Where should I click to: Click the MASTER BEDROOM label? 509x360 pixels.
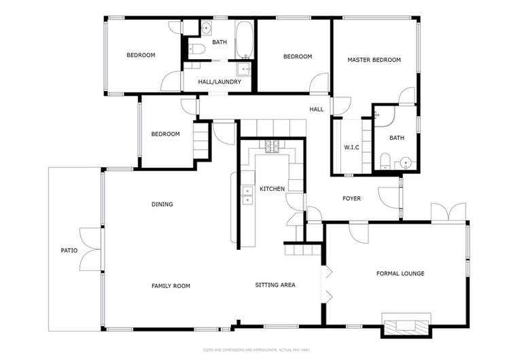(374, 60)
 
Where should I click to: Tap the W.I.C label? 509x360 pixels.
(351, 147)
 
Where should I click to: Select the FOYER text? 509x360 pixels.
(351, 198)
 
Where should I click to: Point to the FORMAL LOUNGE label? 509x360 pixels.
(400, 274)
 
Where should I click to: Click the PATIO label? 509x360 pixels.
(69, 251)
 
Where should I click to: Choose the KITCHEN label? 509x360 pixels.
(272, 189)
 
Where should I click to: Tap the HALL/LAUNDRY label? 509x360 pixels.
(220, 82)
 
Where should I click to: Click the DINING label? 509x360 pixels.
(162, 204)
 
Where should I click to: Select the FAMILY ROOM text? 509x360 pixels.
(171, 286)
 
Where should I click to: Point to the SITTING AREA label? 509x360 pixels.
(275, 285)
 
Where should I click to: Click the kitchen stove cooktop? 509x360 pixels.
(273, 146)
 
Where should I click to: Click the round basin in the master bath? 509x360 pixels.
(406, 162)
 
